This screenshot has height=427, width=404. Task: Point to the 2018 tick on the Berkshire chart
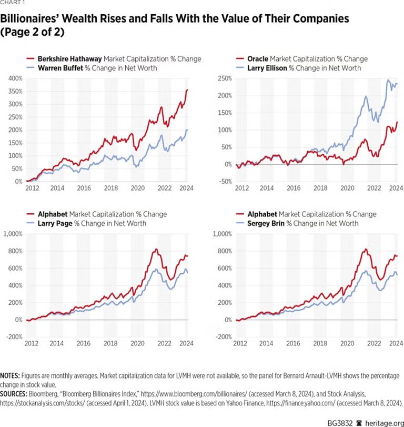tap(111, 188)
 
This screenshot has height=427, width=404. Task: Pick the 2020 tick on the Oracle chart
tap(347, 188)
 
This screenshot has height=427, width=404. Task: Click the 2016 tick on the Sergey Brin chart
tap(294, 343)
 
